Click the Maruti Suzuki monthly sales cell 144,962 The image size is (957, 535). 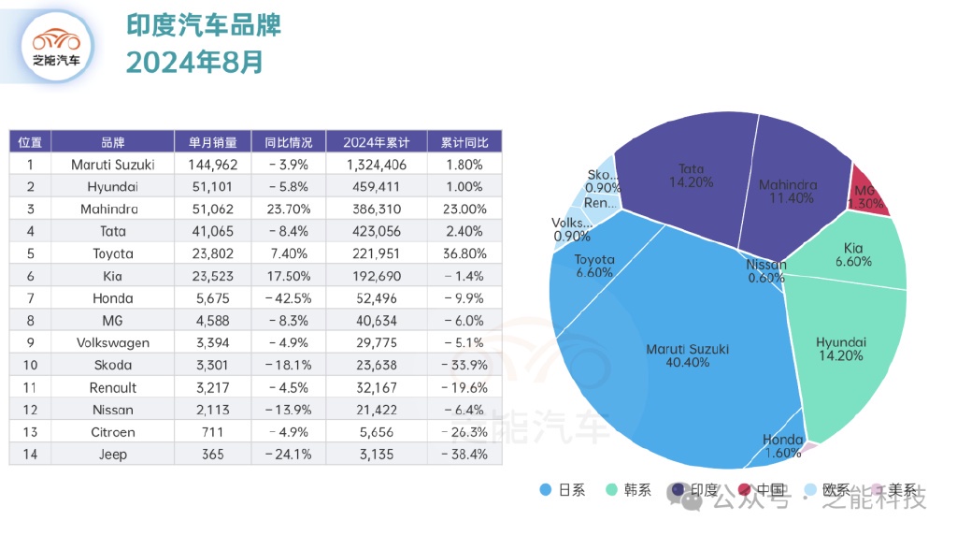click(x=213, y=165)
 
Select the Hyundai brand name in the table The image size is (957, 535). click(x=113, y=187)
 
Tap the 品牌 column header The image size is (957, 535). click(x=113, y=142)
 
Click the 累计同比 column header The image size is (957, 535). click(x=464, y=142)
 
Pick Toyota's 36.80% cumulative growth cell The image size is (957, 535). click(x=464, y=253)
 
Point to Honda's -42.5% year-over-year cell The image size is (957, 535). click(x=289, y=298)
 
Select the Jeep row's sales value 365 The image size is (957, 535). click(x=213, y=455)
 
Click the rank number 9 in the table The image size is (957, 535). click(x=30, y=343)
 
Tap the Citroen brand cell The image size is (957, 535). click(x=113, y=432)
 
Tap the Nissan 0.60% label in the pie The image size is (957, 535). click(x=765, y=270)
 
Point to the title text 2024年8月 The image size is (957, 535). click(x=194, y=62)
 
